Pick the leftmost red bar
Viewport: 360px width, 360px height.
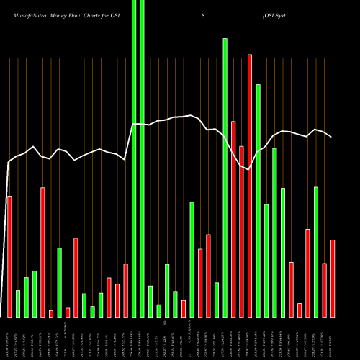(9, 256)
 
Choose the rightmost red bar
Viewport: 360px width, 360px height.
(333, 278)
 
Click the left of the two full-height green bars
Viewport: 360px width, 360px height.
(134, 158)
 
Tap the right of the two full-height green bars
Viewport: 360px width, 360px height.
(142, 158)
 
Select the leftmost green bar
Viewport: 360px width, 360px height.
(18, 303)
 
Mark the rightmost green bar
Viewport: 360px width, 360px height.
(316, 251)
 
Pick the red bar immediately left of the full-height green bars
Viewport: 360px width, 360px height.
(125, 290)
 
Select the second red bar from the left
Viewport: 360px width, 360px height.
(42, 252)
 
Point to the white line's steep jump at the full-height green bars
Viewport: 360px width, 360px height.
(129, 141)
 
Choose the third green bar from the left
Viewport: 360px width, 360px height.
(35, 294)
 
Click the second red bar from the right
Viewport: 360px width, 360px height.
(325, 290)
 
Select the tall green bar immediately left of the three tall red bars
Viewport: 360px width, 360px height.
(225, 177)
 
